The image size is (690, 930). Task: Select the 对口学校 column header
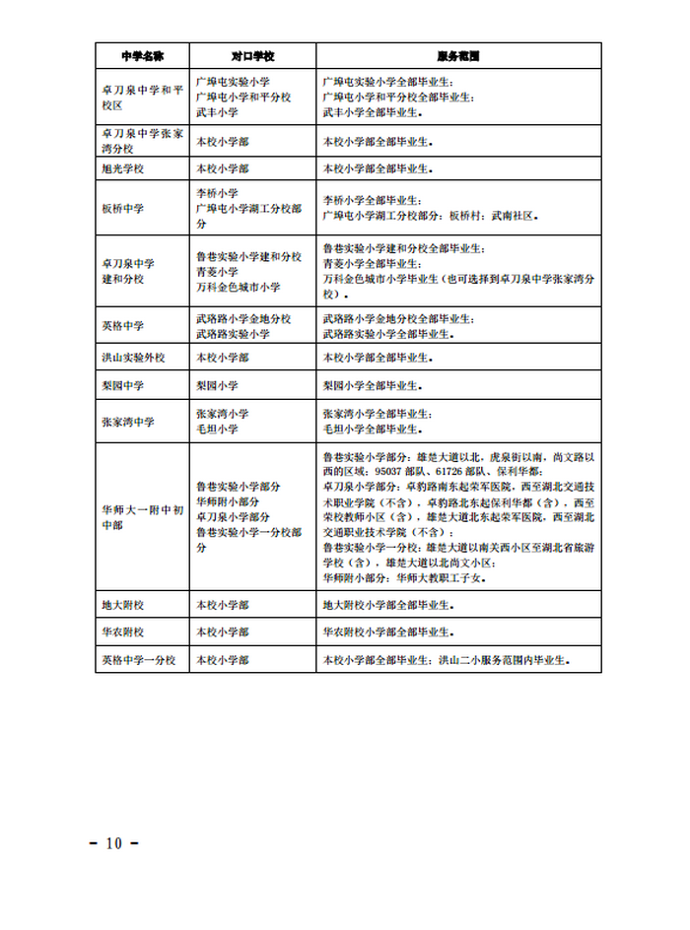coord(252,56)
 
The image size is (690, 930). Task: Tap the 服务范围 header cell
coord(457,56)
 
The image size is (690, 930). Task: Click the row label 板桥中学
coord(122,209)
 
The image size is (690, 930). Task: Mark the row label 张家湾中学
coord(128,422)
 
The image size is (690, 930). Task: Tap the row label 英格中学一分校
coord(138,660)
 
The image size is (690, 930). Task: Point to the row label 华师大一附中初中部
coord(142,517)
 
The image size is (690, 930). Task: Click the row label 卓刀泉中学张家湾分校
coord(142,139)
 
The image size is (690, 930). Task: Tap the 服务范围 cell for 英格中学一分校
coord(448,660)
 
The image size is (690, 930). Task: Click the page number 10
coord(113,843)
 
